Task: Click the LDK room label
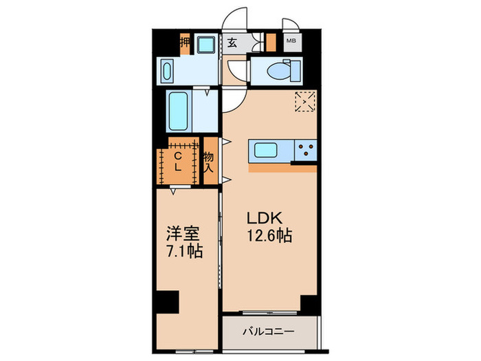(265, 219)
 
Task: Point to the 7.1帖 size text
(183, 251)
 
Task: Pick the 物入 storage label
(209, 162)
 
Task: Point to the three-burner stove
(304, 150)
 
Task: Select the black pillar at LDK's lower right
(309, 303)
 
